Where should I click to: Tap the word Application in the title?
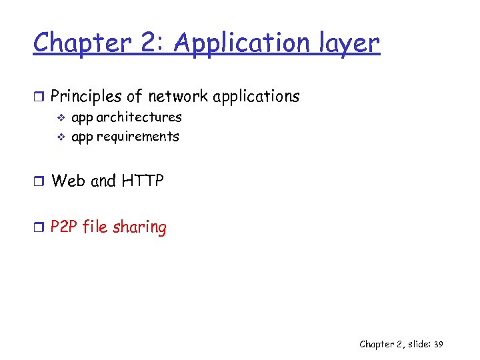233,43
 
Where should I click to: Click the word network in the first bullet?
178,97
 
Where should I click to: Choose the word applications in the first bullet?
256,97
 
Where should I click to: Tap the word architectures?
139,117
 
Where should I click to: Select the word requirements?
137,137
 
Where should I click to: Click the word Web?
68,181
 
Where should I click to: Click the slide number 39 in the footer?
438,345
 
